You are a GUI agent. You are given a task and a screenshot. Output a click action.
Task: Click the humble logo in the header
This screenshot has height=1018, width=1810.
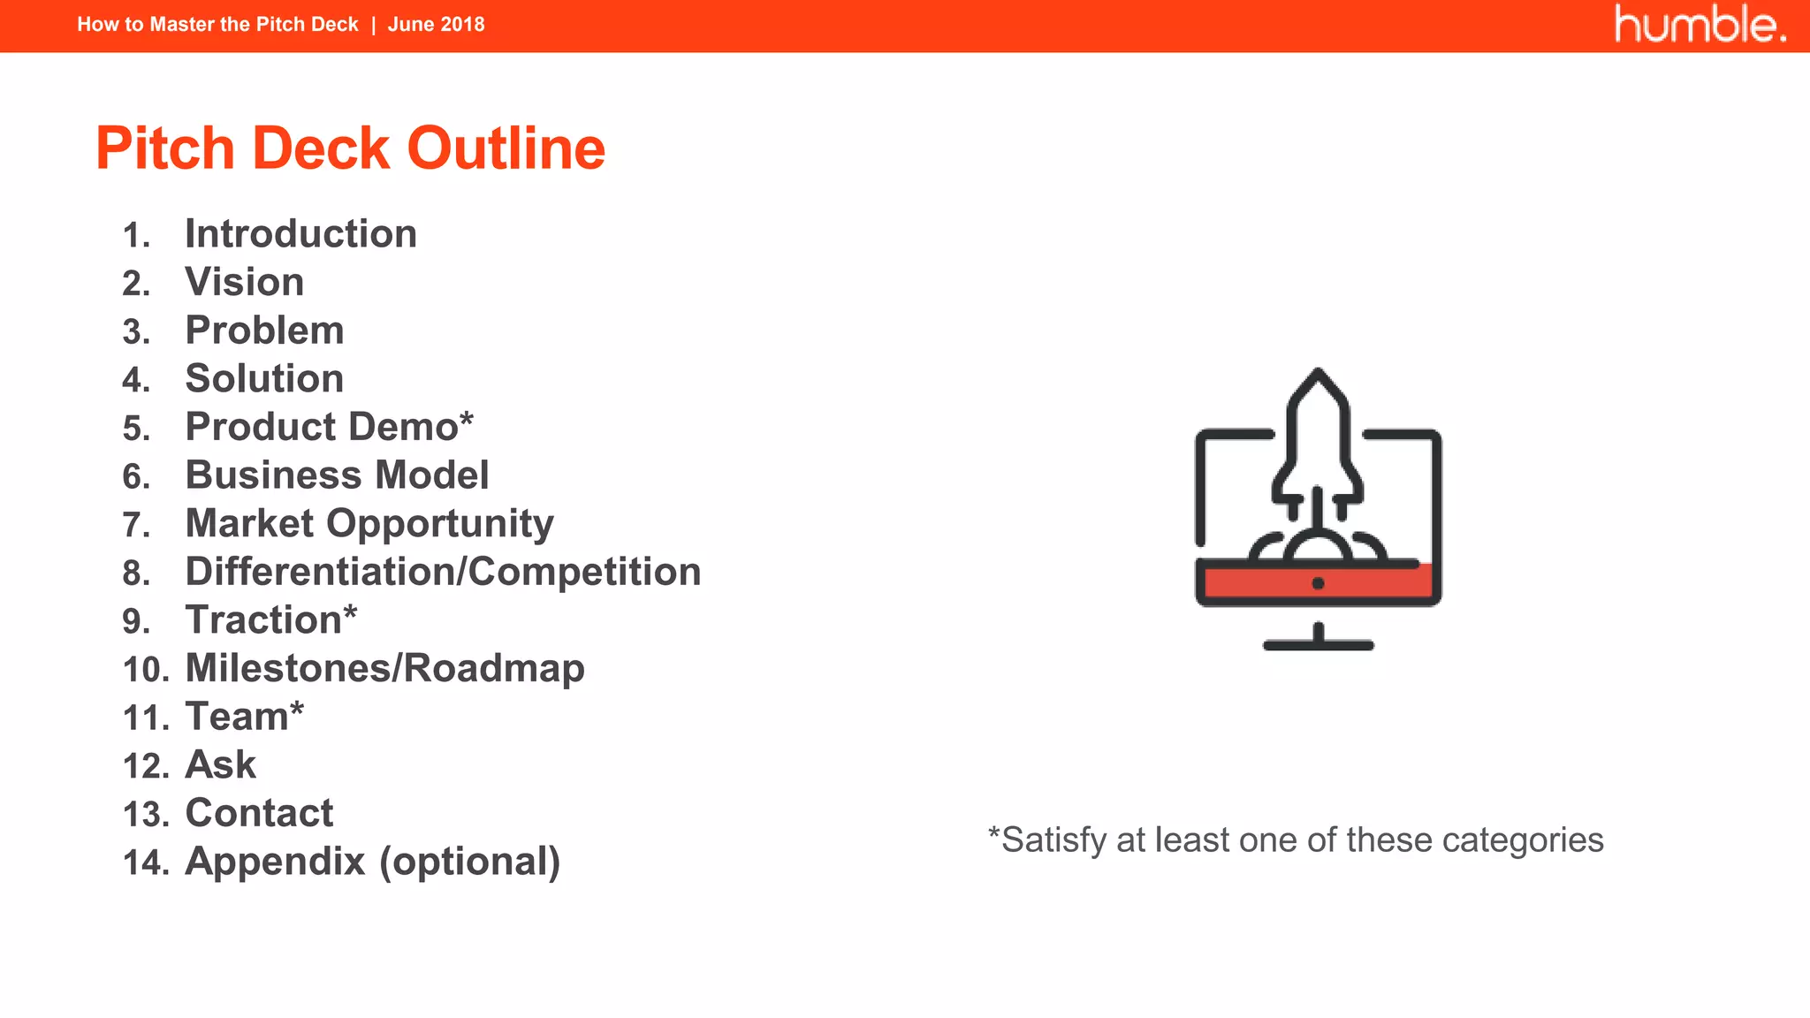pos(1699,25)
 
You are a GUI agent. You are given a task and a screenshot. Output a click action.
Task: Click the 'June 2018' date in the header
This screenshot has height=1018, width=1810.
pos(436,25)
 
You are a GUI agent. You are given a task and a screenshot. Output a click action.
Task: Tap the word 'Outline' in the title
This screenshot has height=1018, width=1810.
pos(506,148)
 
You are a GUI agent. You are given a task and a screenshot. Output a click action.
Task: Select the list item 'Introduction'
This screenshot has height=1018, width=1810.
pos(300,234)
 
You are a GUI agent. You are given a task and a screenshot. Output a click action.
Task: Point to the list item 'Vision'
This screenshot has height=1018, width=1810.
pos(244,283)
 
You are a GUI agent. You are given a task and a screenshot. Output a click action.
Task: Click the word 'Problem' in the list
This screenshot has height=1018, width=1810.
pos(264,330)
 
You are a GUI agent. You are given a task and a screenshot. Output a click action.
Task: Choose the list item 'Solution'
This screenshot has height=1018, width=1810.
pos(264,379)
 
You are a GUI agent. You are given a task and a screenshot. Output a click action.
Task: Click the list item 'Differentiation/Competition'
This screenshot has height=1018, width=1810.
pos(443,572)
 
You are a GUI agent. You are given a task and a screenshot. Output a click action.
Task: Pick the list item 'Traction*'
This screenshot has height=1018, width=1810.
pos(270,620)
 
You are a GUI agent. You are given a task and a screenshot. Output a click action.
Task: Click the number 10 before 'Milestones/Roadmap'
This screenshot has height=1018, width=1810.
pos(145,670)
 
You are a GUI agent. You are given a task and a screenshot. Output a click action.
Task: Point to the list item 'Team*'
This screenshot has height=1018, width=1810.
pos(244,717)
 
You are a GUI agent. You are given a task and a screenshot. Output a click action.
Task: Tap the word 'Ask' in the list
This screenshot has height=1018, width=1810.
pos(220,765)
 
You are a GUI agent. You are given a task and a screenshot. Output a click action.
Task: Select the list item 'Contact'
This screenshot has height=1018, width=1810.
pos(259,813)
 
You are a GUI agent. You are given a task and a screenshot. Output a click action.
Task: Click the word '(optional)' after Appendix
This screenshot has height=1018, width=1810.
pos(469,862)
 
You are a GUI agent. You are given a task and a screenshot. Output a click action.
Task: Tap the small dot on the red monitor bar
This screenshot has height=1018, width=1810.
pos(1318,583)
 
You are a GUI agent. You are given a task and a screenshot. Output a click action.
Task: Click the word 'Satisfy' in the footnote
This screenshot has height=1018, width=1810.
pos(1053,840)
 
